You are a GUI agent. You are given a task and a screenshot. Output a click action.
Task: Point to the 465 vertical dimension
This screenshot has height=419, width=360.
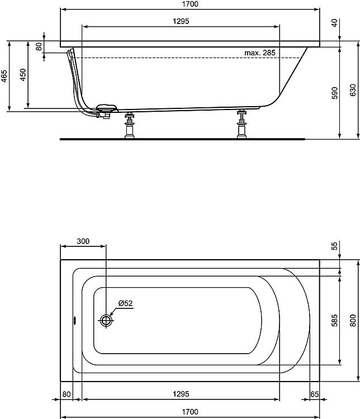[4, 75]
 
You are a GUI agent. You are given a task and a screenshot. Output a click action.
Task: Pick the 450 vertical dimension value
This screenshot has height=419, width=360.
[23, 75]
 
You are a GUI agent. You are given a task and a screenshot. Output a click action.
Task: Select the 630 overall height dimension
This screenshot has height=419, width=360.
[353, 91]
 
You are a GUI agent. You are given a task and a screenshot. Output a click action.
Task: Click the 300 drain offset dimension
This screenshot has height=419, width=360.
[83, 241]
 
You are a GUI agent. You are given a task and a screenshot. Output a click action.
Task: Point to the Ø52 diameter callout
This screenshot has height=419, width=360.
[125, 303]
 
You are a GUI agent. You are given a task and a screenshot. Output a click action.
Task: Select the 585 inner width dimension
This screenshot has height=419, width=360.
[334, 320]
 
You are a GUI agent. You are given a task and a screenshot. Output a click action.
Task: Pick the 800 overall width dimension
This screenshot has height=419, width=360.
[353, 321]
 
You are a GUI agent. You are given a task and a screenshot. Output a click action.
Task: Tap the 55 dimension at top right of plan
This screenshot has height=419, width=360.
[334, 246]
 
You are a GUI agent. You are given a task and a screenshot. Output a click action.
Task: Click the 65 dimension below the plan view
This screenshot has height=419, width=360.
[314, 394]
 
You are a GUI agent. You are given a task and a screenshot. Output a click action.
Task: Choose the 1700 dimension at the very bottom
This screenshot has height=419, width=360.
[190, 412]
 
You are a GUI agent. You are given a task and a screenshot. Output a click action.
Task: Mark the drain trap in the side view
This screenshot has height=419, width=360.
[106, 111]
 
